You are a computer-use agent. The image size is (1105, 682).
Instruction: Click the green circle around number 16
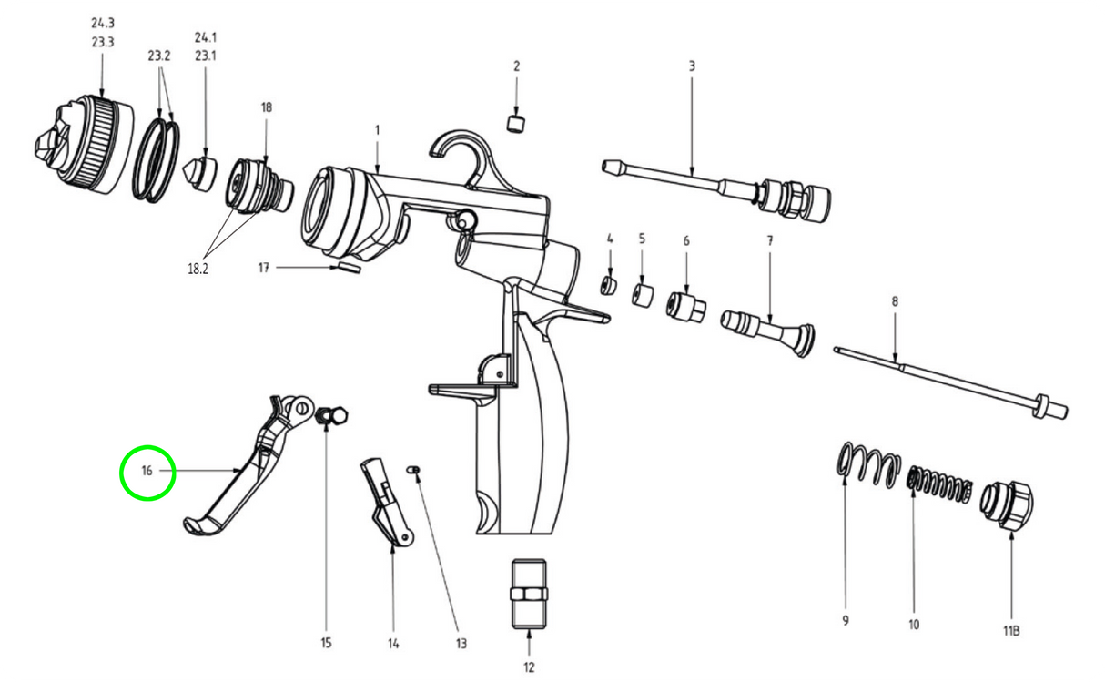tap(147, 472)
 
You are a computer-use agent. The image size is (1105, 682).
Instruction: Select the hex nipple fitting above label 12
tap(529, 593)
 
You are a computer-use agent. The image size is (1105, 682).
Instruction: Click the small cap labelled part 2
tap(516, 122)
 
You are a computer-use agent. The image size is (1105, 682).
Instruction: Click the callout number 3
tap(691, 66)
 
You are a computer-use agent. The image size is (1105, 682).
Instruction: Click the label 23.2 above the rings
tap(159, 56)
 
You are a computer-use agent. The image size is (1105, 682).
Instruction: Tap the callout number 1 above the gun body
tap(377, 130)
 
